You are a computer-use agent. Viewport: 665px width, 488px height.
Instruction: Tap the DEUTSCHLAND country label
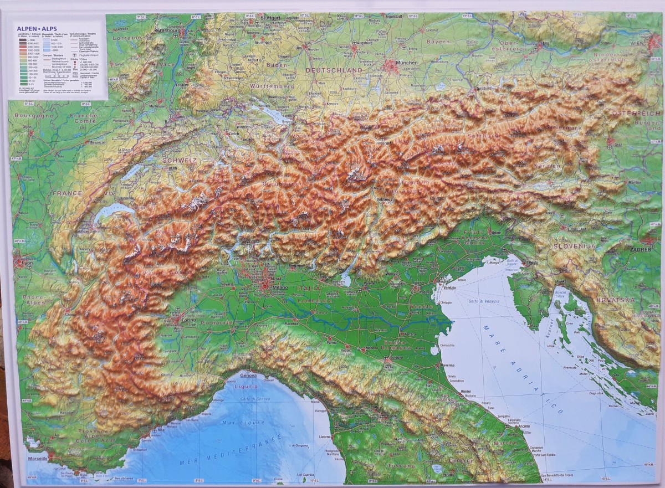[x=334, y=70]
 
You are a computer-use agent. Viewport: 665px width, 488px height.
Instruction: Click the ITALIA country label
[x=309, y=288]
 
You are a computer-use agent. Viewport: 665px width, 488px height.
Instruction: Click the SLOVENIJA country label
[x=574, y=245]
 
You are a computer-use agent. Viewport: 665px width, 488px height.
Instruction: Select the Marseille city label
[x=38, y=459]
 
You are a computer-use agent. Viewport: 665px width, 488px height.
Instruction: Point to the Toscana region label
[x=402, y=466]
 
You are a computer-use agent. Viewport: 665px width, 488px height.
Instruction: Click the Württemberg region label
[x=270, y=86]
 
